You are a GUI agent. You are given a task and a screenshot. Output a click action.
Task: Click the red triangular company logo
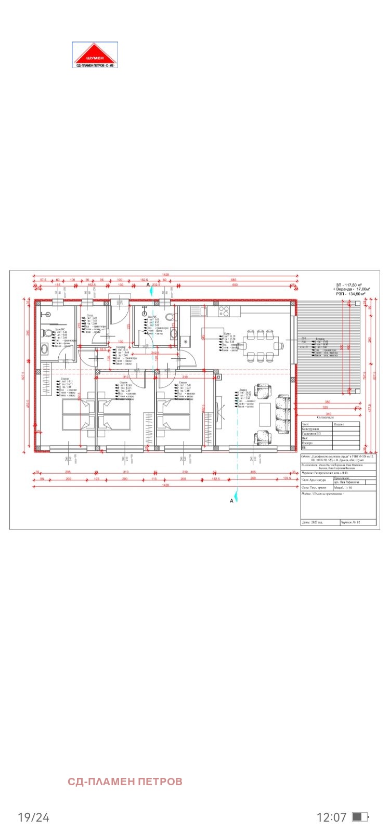click(x=95, y=55)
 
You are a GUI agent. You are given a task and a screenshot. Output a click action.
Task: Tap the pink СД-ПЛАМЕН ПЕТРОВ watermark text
click(x=125, y=782)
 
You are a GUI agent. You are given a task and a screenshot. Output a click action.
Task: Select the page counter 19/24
click(x=33, y=817)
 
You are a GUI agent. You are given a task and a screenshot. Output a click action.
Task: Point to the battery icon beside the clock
click(x=360, y=817)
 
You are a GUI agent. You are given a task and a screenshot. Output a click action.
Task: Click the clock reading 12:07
click(x=331, y=817)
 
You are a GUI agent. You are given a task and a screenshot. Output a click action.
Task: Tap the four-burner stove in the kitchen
click(x=224, y=311)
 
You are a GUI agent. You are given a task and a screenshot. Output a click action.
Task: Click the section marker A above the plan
click(x=147, y=285)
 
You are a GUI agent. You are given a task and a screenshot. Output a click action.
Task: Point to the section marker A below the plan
click(x=232, y=500)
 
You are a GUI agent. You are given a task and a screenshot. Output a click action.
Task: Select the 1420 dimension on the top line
click(x=165, y=274)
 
